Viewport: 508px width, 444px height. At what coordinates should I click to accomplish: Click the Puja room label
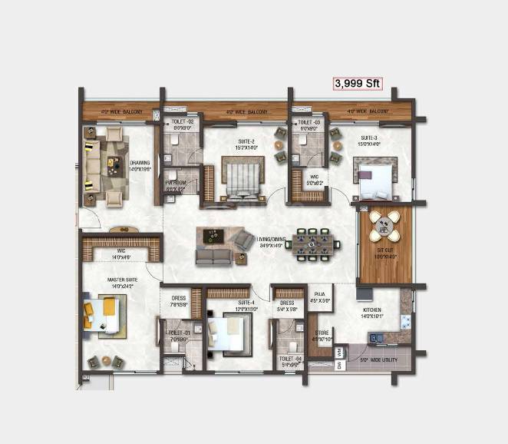coord(321,298)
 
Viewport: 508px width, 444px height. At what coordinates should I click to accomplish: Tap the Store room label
coord(321,336)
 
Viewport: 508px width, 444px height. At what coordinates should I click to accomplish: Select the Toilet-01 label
coord(178,335)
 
